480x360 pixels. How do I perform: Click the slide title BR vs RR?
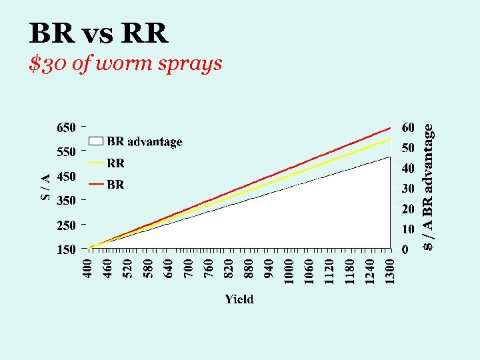(99, 33)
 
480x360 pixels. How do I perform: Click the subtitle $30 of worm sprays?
(126, 65)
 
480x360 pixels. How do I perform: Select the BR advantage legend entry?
(136, 141)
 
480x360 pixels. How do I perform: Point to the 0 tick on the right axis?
(405, 250)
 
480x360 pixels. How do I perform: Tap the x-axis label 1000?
(289, 271)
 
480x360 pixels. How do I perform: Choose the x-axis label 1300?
(390, 271)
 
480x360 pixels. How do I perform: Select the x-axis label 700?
(189, 269)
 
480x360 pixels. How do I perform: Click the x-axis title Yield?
(239, 299)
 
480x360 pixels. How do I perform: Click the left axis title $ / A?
(45, 187)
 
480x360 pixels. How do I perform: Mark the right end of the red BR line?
(390, 127)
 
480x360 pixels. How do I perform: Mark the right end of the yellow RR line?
(390, 139)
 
